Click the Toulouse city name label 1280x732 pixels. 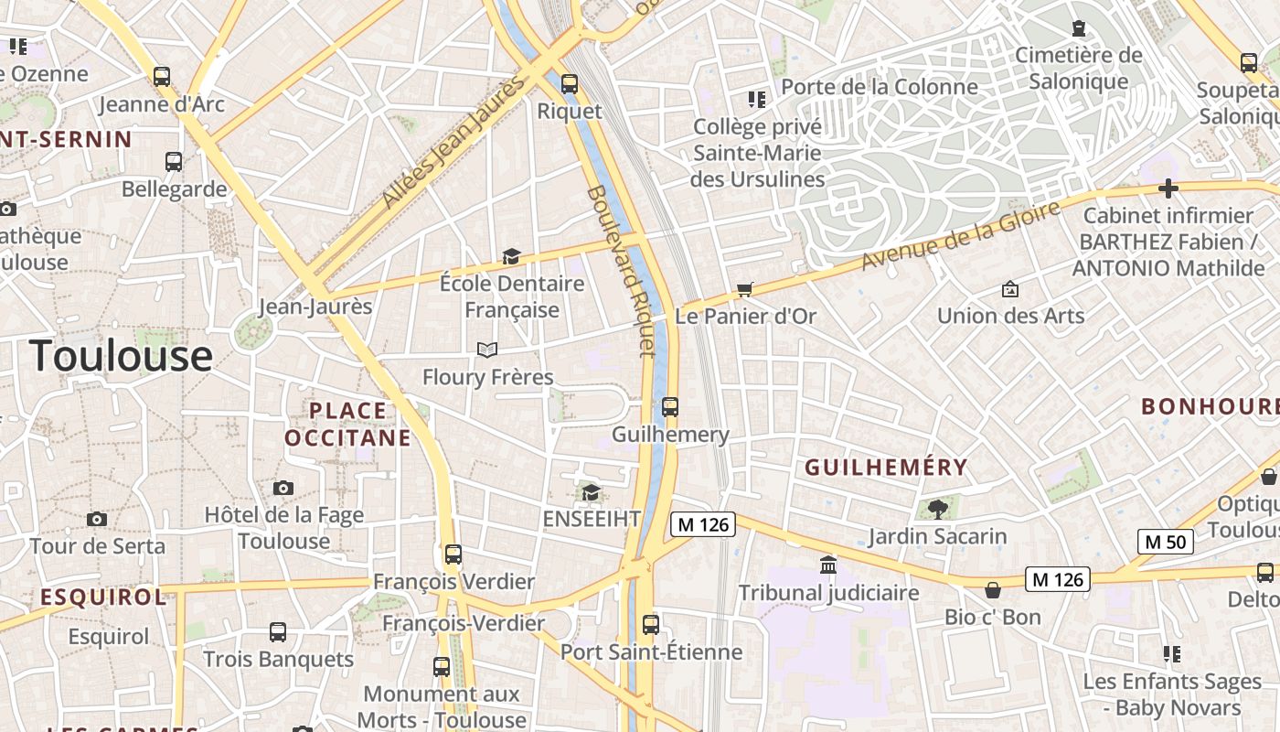tap(122, 356)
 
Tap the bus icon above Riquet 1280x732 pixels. tap(570, 84)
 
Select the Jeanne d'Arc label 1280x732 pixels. tap(162, 103)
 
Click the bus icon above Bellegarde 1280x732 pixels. tap(174, 162)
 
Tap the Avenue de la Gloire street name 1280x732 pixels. tap(960, 236)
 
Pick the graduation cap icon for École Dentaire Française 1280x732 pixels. tap(511, 257)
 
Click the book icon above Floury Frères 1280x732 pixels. tap(487, 350)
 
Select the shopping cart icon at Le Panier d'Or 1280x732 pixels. tap(745, 290)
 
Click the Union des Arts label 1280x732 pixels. tap(1010, 316)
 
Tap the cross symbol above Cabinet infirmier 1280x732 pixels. tap(1168, 188)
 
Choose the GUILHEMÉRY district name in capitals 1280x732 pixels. tap(885, 468)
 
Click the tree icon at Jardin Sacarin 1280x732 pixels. tap(937, 510)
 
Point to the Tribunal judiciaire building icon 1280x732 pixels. tap(828, 565)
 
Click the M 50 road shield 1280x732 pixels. tap(1165, 542)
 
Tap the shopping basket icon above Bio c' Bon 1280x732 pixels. tap(993, 590)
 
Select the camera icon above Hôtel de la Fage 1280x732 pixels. tap(283, 488)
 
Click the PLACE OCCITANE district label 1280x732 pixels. tap(347, 425)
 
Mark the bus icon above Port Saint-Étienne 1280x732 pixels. tap(650, 625)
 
